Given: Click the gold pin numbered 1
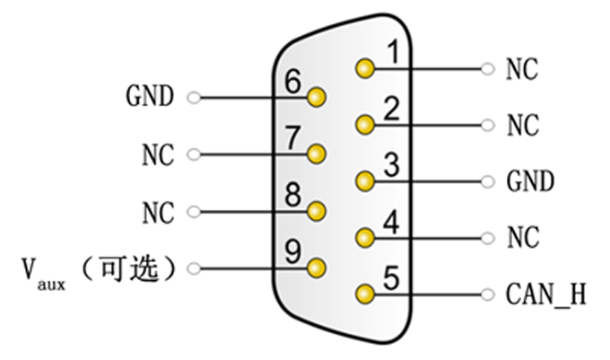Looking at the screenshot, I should point(363,68).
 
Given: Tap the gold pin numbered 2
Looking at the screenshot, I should point(363,124).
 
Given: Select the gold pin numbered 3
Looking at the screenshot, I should point(363,181).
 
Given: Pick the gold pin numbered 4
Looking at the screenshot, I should point(363,238).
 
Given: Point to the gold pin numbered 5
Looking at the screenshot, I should point(363,294).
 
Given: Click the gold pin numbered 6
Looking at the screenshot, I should point(316,97).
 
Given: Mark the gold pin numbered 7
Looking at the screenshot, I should point(316,154).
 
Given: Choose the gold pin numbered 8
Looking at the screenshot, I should point(316,211).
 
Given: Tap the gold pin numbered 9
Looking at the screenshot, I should point(316,267).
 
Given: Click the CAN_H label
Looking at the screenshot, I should point(546,294).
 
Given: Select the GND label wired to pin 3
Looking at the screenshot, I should point(530,181).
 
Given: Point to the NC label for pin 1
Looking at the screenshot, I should point(522,69).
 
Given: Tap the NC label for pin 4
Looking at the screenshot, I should point(522,238).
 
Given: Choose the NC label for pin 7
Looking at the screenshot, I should point(158,154).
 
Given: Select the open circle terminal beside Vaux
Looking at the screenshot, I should point(193,268).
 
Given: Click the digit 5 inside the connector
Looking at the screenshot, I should point(390,277).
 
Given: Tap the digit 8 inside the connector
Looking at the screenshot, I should point(292,195).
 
